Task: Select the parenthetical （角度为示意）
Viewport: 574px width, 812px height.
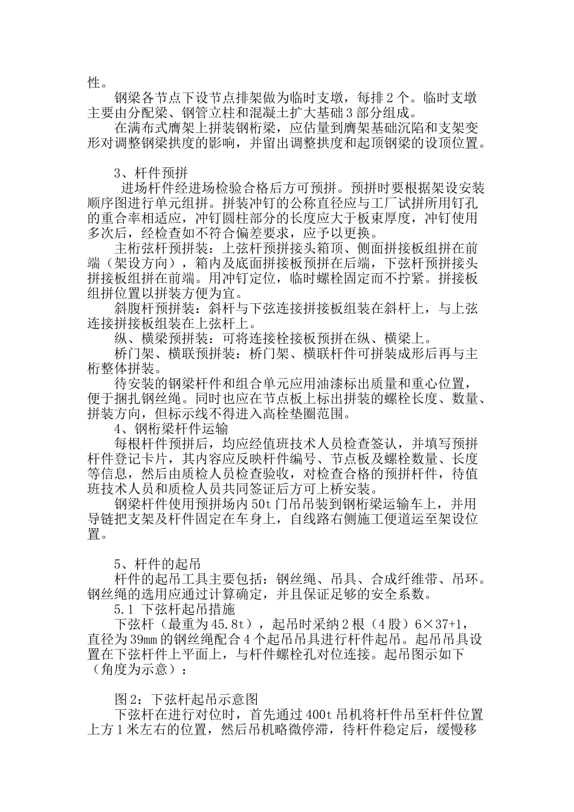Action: coord(134,668)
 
